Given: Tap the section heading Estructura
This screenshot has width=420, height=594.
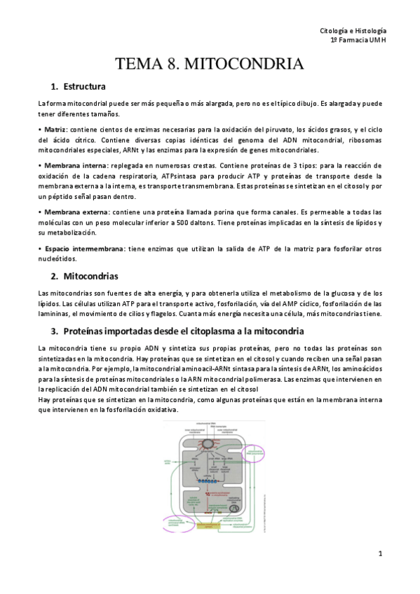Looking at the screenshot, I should point(83,87).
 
